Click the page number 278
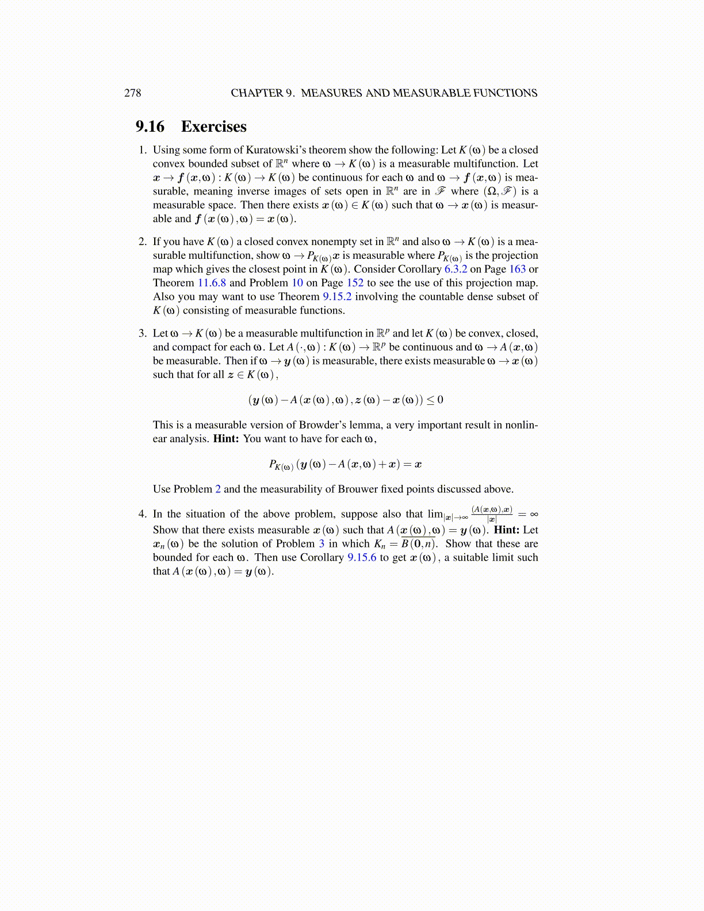[132, 93]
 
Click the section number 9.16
[150, 127]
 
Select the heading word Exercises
[213, 127]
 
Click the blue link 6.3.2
[456, 269]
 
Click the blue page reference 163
[517, 269]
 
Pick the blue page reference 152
[355, 283]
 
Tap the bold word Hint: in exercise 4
[506, 530]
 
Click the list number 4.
[142, 514]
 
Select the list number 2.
[142, 242]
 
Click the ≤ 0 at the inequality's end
[436, 400]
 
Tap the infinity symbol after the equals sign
[534, 514]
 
